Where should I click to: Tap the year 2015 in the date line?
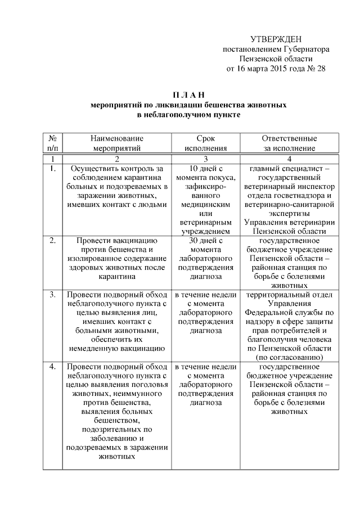pos(275,69)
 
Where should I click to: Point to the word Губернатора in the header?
pos(301,49)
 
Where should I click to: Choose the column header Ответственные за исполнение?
pos(289,143)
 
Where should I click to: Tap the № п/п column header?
pos(52,143)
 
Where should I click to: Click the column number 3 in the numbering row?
pos(205,159)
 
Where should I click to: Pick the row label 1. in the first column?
pos(52,168)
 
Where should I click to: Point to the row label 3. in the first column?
pos(52,294)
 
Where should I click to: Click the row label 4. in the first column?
pos(52,366)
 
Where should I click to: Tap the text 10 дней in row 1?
pos(205,168)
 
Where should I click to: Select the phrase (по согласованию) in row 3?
pos(289,357)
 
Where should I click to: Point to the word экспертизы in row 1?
pos(289,213)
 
